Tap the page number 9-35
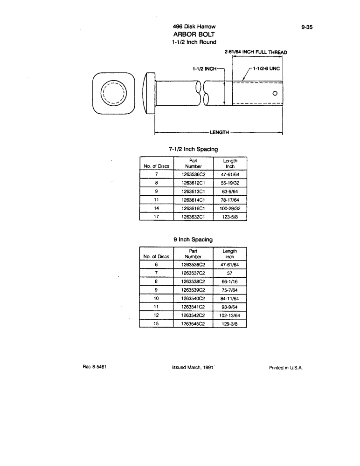coord(306,27)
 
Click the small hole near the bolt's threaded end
coord(275,93)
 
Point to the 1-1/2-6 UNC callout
coord(266,68)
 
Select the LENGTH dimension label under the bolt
coord(219,132)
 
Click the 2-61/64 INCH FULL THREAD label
coord(256,52)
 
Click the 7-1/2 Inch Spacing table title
coord(193,150)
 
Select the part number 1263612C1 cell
coord(193,183)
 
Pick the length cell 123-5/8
coord(230,217)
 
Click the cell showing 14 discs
coord(157,208)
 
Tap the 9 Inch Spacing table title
coord(193,240)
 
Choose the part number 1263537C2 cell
coord(193,273)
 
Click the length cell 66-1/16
coord(230,281)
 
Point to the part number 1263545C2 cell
coord(193,323)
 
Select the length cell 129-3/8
coord(230,323)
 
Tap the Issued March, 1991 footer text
coord(193,367)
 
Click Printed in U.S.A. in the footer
coord(286,367)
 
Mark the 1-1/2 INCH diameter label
coord(205,69)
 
